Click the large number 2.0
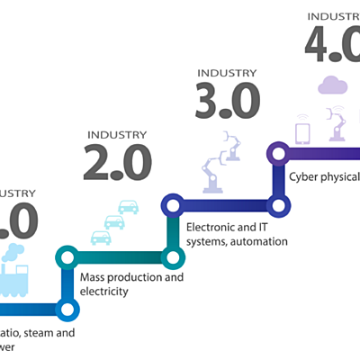coord(117,162)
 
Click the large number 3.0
coord(227,100)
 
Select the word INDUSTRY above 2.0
coord(117,135)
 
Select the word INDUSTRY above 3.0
coord(227,73)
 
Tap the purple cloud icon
coord(332,85)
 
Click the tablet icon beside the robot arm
coord(303,133)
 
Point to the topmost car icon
coord(129,206)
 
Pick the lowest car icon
coord(101,238)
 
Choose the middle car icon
coord(114,221)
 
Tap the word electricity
coord(104,291)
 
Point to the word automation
coord(263,240)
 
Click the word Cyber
coord(302,175)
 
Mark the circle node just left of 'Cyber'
coord(279,207)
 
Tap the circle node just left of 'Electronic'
coord(171,257)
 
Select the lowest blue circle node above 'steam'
coord(67,309)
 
